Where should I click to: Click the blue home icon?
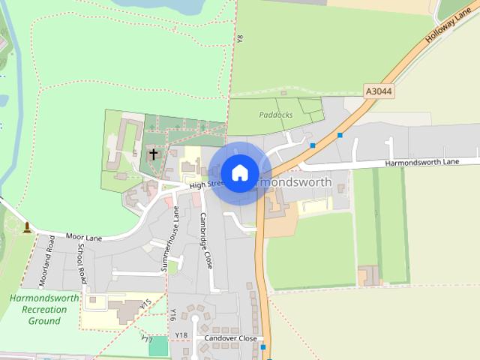coord(240,172)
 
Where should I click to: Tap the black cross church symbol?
coord(154,154)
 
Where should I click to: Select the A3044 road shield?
coord(379,91)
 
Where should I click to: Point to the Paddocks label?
coord(275,115)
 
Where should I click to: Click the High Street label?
coord(206,184)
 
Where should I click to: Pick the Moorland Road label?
coord(47,262)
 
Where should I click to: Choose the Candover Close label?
coord(230,338)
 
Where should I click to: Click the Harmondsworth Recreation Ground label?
coord(44,309)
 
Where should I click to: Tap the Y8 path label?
coord(239,38)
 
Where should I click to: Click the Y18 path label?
coord(181,334)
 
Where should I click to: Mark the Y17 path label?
coord(147,339)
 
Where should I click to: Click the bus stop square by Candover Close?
coord(263,347)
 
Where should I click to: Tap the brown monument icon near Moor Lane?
coord(28,226)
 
